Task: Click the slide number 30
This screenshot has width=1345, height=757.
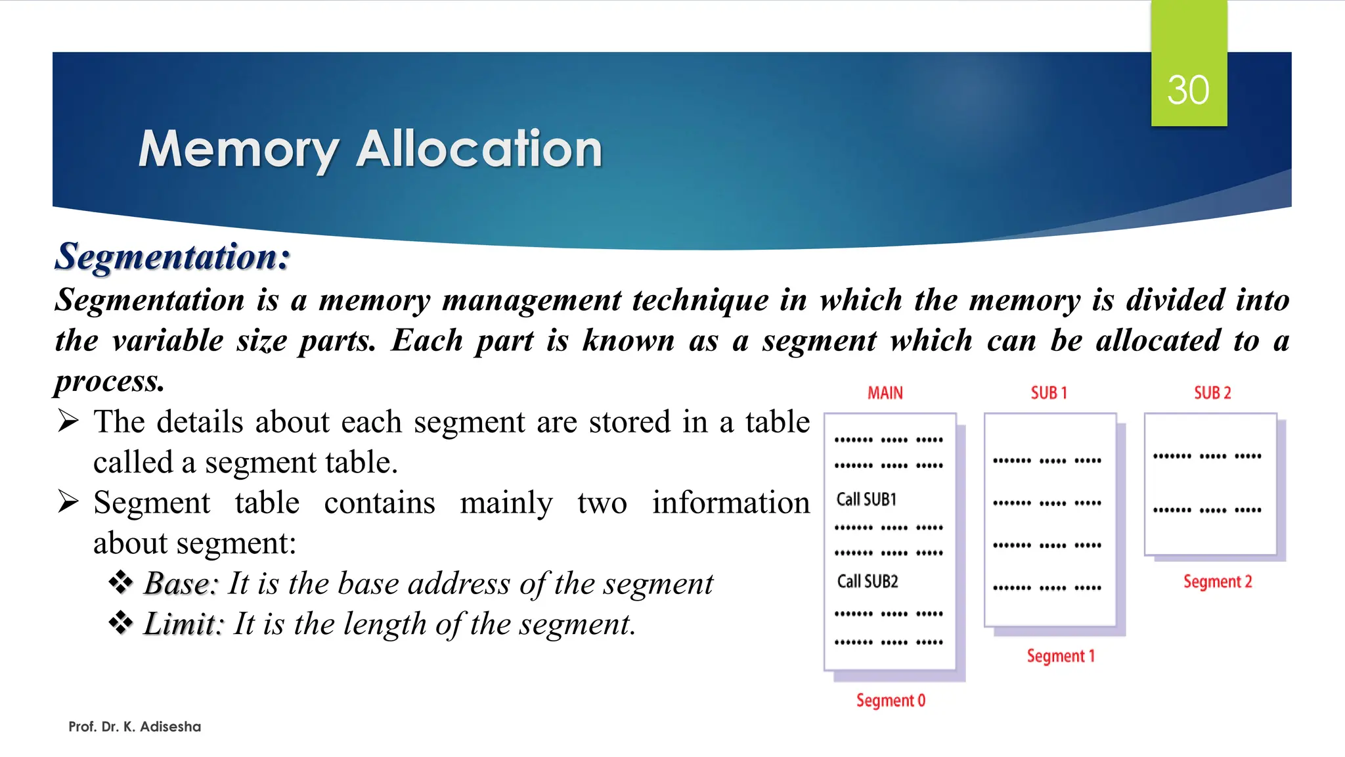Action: tap(1188, 90)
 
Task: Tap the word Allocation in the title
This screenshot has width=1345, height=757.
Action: tap(479, 149)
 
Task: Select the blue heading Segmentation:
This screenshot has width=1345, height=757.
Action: tap(172, 256)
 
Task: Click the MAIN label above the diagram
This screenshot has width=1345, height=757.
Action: tap(885, 393)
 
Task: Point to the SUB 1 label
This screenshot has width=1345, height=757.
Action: tap(1049, 393)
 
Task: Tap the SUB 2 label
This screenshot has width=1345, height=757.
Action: tap(1212, 393)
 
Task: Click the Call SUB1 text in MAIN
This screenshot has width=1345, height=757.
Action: tap(866, 499)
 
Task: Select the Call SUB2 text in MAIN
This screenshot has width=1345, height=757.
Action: tap(868, 582)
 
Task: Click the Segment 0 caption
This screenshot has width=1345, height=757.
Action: tap(891, 700)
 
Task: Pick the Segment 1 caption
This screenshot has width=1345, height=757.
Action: tap(1061, 656)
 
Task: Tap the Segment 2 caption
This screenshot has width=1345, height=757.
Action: tap(1218, 582)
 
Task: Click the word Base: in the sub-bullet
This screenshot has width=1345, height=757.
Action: tap(181, 584)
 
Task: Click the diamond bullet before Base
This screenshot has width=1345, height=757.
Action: tap(121, 582)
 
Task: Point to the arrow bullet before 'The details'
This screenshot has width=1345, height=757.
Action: tap(68, 421)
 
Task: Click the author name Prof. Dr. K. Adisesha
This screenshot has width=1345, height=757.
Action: tap(135, 727)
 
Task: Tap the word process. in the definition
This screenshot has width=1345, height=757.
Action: tap(110, 381)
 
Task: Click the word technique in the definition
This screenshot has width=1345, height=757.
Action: tap(700, 300)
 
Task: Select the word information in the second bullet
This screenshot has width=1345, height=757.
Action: tap(731, 503)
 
